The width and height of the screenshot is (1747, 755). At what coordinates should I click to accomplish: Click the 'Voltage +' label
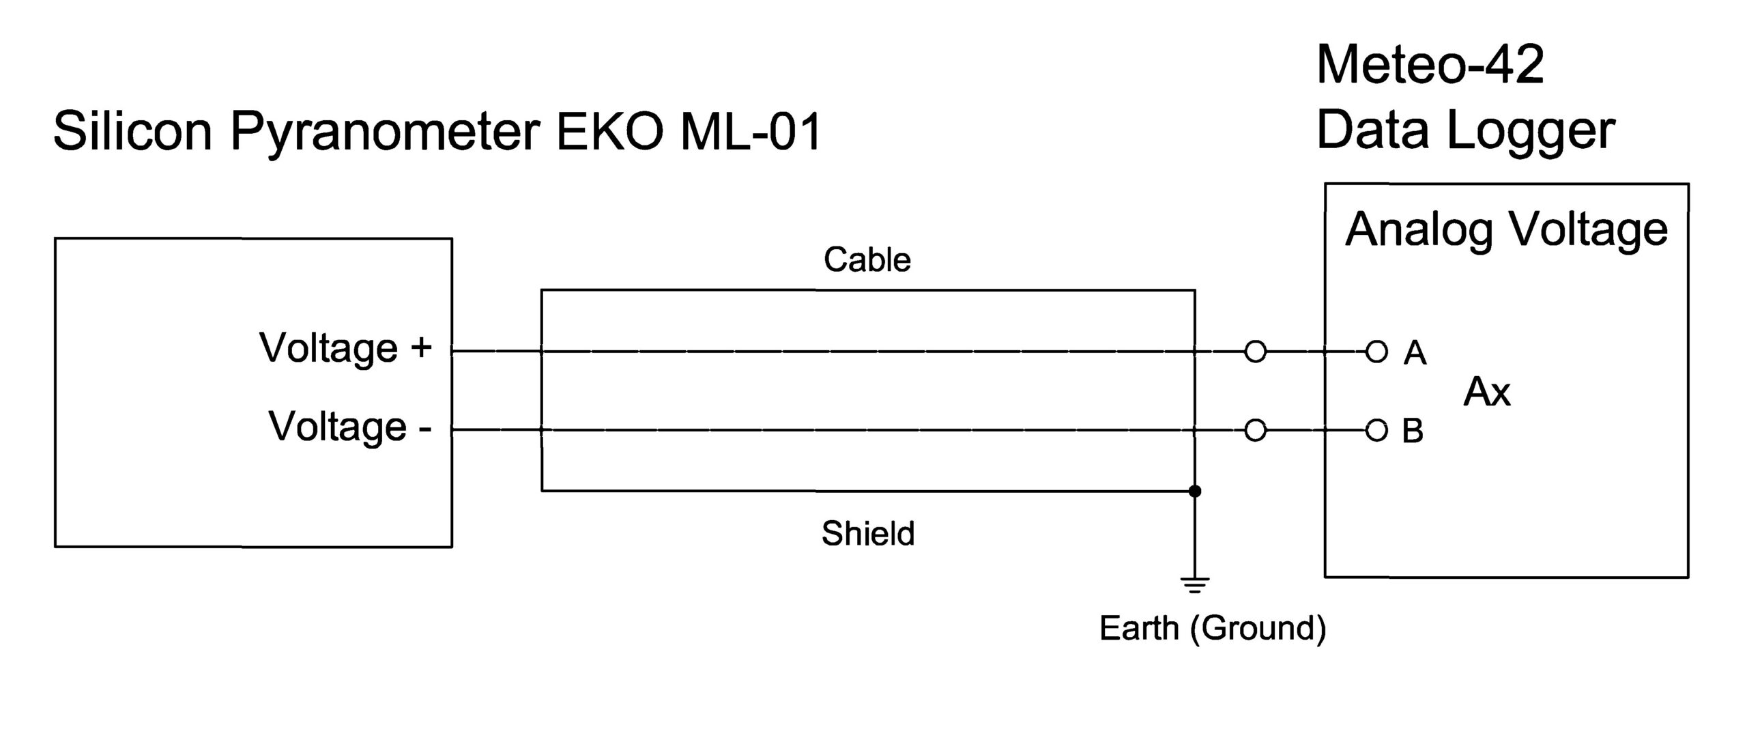pyautogui.click(x=345, y=348)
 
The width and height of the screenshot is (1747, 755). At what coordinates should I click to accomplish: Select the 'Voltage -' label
pyautogui.click(x=349, y=427)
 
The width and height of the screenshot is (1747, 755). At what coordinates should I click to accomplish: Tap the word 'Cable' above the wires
pyautogui.click(x=867, y=260)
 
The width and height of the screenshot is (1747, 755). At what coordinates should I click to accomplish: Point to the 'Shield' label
pyautogui.click(x=867, y=534)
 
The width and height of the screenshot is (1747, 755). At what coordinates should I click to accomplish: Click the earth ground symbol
pyautogui.click(x=1194, y=584)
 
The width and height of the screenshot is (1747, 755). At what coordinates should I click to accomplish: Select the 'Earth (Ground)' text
pyautogui.click(x=1213, y=628)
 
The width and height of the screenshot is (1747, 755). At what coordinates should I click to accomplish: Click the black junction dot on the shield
pyautogui.click(x=1194, y=491)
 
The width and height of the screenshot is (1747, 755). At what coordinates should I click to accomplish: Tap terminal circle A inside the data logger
pyautogui.click(x=1376, y=352)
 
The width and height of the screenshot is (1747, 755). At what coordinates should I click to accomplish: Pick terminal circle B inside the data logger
pyautogui.click(x=1376, y=431)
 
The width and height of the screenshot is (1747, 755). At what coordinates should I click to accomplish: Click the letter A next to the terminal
pyautogui.click(x=1415, y=353)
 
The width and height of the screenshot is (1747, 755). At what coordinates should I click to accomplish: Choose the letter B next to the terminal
pyautogui.click(x=1413, y=431)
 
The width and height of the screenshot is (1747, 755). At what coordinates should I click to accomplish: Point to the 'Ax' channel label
pyautogui.click(x=1487, y=393)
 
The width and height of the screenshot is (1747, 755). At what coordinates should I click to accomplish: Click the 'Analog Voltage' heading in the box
pyautogui.click(x=1506, y=229)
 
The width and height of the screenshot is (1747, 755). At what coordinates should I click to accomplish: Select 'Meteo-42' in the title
pyautogui.click(x=1430, y=65)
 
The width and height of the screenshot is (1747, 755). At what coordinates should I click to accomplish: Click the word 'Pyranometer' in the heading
pyautogui.click(x=386, y=131)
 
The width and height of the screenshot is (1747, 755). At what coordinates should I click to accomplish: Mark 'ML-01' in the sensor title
pyautogui.click(x=751, y=131)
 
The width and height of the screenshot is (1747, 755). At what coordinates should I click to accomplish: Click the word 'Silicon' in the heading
pyautogui.click(x=133, y=131)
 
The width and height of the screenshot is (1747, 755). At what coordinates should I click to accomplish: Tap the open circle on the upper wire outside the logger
pyautogui.click(x=1256, y=352)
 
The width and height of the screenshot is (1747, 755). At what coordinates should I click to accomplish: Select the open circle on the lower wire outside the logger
pyautogui.click(x=1256, y=431)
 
